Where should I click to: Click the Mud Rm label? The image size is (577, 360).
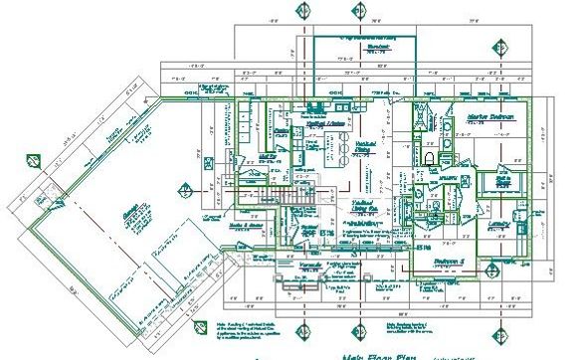[x=267, y=156]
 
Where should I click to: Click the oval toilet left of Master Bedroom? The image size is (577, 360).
[x=430, y=158]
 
